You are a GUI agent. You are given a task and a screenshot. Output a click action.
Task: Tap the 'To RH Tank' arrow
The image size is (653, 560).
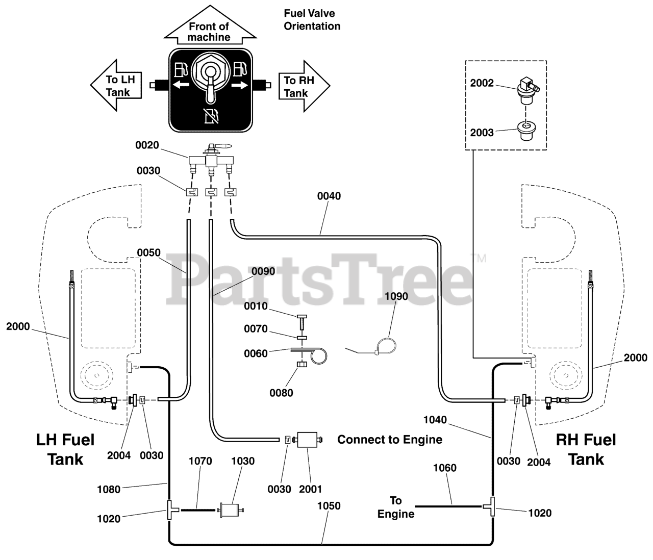[304, 86]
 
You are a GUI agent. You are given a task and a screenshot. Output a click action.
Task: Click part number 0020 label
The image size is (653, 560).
[147, 145]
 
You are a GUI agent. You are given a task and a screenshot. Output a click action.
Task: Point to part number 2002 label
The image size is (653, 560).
[482, 83]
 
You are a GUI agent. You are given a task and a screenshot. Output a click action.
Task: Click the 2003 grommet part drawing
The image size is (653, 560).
[525, 131]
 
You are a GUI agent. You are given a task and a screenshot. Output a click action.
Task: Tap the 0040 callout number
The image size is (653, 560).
[329, 196]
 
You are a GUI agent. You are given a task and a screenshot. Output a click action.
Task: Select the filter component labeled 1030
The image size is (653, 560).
[230, 510]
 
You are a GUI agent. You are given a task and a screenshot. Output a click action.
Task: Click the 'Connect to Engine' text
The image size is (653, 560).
[390, 440]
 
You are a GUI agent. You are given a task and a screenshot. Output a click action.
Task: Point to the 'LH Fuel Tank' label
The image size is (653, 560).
[65, 449]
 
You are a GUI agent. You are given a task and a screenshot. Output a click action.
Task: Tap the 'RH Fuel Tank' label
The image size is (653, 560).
[586, 449]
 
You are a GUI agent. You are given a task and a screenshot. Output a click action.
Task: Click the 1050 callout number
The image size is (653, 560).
[329, 506]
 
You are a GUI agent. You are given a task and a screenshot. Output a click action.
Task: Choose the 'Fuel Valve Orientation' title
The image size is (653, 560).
[312, 19]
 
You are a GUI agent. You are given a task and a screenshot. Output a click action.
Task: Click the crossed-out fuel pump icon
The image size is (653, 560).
[211, 116]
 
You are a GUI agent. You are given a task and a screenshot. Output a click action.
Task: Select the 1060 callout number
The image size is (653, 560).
[445, 468]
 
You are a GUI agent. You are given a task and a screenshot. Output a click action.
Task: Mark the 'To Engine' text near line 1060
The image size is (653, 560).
[396, 507]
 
